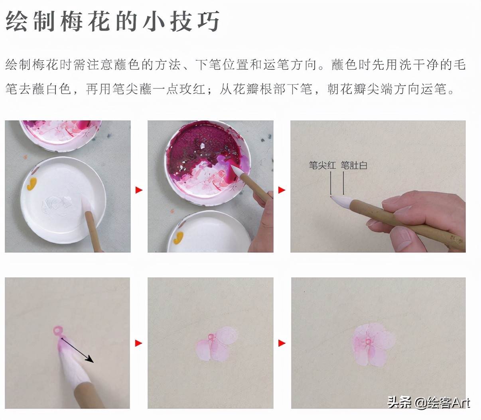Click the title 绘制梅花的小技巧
point(112,21)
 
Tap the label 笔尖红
point(322,165)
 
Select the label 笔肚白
point(354,165)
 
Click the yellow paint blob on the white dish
point(32,183)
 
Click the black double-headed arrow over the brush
point(77,350)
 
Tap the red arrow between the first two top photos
point(139,190)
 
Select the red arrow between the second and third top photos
point(282,190)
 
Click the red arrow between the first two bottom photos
point(139,343)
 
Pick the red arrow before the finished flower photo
point(282,343)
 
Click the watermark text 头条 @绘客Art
point(429,402)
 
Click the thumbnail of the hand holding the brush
point(378,186)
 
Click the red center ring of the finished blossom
point(368,342)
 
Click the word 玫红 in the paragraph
point(186,89)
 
